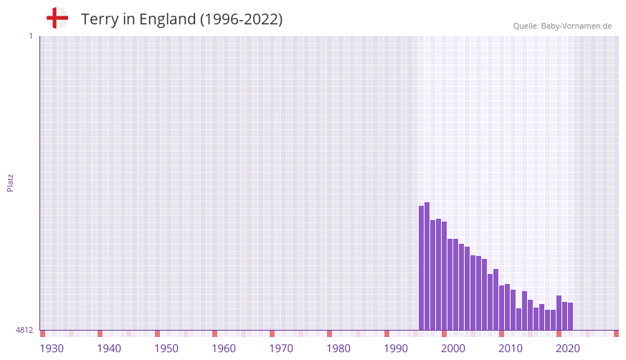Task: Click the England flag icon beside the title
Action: pyautogui.click(x=57, y=18)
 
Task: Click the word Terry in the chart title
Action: pyautogui.click(x=99, y=19)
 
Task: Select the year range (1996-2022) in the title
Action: pyautogui.click(x=241, y=19)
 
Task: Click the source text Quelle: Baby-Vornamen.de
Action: pyautogui.click(x=562, y=26)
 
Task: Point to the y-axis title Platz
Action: pyautogui.click(x=10, y=182)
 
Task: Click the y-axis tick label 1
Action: pyautogui.click(x=30, y=36)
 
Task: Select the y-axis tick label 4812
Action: pyautogui.click(x=24, y=330)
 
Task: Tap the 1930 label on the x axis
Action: pyautogui.click(x=52, y=349)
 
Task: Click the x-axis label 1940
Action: pyautogui.click(x=109, y=349)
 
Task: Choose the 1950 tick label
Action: pyautogui.click(x=166, y=349)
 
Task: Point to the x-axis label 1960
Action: pyautogui.click(x=224, y=349)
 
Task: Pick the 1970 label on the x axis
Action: pyautogui.click(x=281, y=349)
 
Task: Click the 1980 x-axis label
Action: pyautogui.click(x=338, y=349)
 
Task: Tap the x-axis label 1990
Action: pyautogui.click(x=396, y=349)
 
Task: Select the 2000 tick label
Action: pyautogui.click(x=453, y=349)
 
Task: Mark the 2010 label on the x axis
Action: pyautogui.click(x=511, y=349)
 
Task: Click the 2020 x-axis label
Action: pyautogui.click(x=568, y=349)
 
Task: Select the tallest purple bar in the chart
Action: pyautogui.click(x=427, y=265)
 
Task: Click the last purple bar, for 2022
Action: pyautogui.click(x=570, y=316)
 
